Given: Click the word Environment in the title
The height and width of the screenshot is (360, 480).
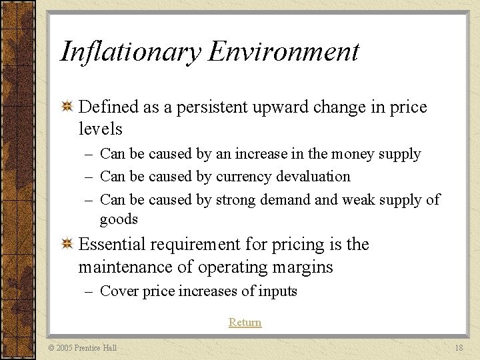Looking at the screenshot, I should click(284, 52).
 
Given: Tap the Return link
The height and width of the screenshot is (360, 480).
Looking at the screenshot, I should click(245, 322).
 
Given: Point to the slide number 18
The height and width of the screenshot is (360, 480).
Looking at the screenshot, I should click(458, 347).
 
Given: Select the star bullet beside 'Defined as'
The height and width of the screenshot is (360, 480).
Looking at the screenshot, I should click(67, 107).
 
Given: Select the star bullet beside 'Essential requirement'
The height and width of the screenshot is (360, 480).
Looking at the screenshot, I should click(67, 245).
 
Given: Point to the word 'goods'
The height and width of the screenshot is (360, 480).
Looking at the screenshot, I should click(119, 219).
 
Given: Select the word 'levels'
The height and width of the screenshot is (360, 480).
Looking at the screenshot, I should click(100, 129).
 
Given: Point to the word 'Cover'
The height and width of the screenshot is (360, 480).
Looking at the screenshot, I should click(117, 291).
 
